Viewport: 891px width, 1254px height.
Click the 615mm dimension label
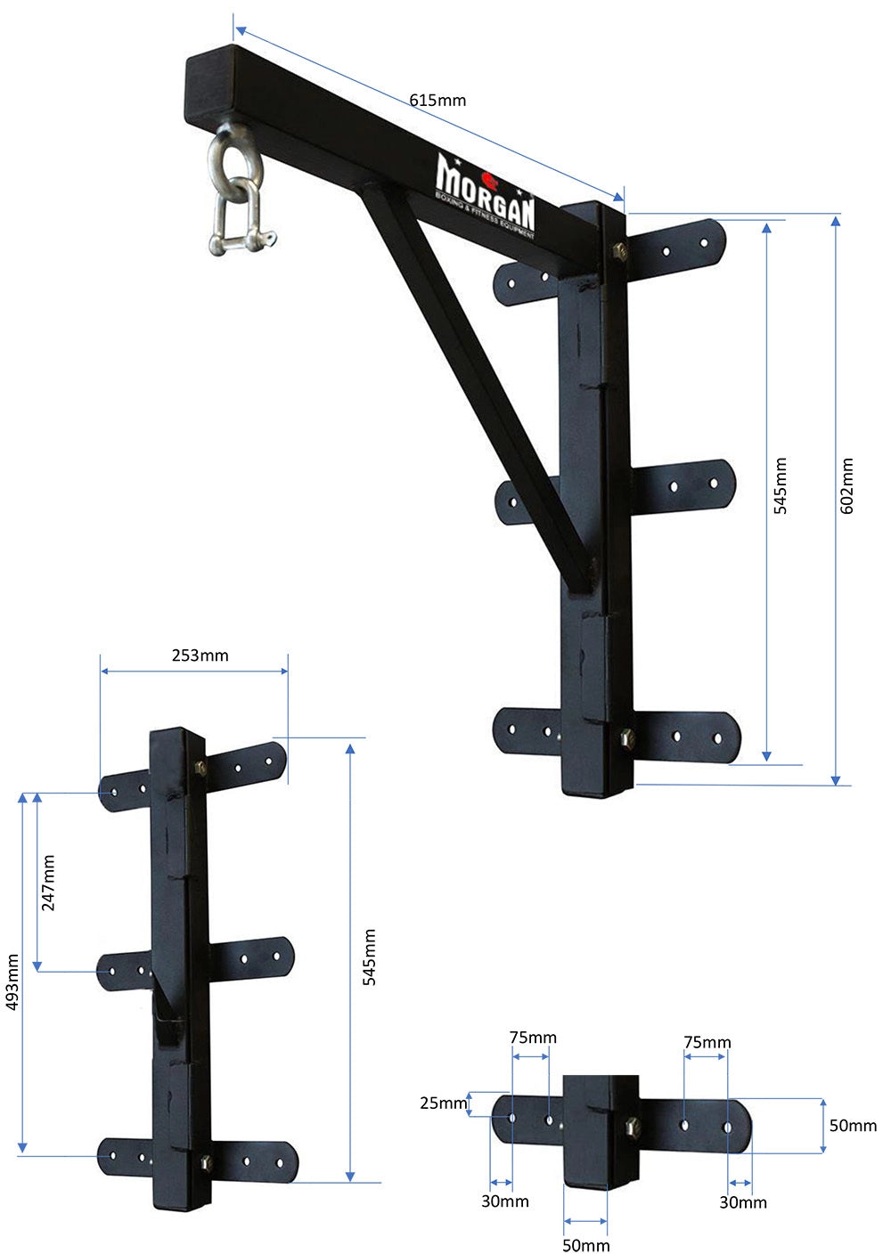[x=437, y=100]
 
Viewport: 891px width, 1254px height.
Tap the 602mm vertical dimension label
[x=847, y=485]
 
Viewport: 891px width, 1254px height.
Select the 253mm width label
[x=200, y=655]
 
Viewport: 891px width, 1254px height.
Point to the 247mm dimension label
[x=48, y=883]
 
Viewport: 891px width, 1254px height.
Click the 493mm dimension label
[x=12, y=982]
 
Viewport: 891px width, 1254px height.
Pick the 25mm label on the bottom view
[x=444, y=1103]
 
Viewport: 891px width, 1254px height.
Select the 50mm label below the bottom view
[x=585, y=1244]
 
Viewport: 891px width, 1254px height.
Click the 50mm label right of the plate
[x=853, y=1126]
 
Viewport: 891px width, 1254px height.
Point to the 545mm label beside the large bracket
[x=780, y=485]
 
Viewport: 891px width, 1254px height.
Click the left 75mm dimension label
[x=533, y=1037]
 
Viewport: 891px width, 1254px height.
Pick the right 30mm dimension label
[x=743, y=1202]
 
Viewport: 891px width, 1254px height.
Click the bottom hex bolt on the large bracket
[x=625, y=737]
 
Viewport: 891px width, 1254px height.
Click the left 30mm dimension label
[x=505, y=1201]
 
